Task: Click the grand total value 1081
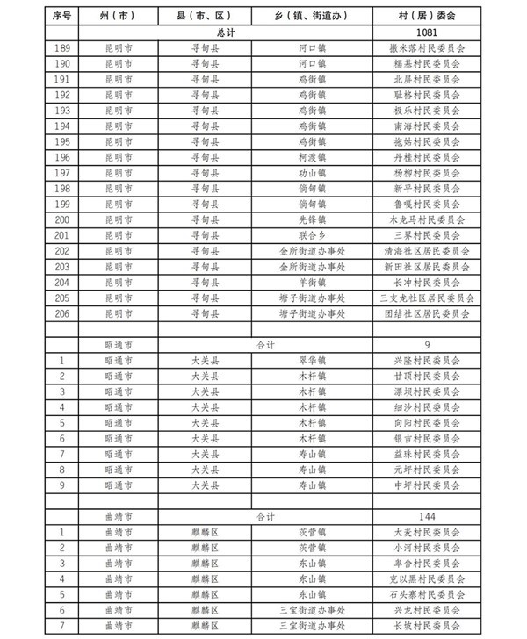pos(426,32)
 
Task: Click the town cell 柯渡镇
pos(311,157)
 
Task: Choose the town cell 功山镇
pos(311,173)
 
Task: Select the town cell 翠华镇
pos(311,360)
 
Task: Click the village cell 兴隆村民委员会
pos(426,360)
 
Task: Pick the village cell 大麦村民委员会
pos(426,531)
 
